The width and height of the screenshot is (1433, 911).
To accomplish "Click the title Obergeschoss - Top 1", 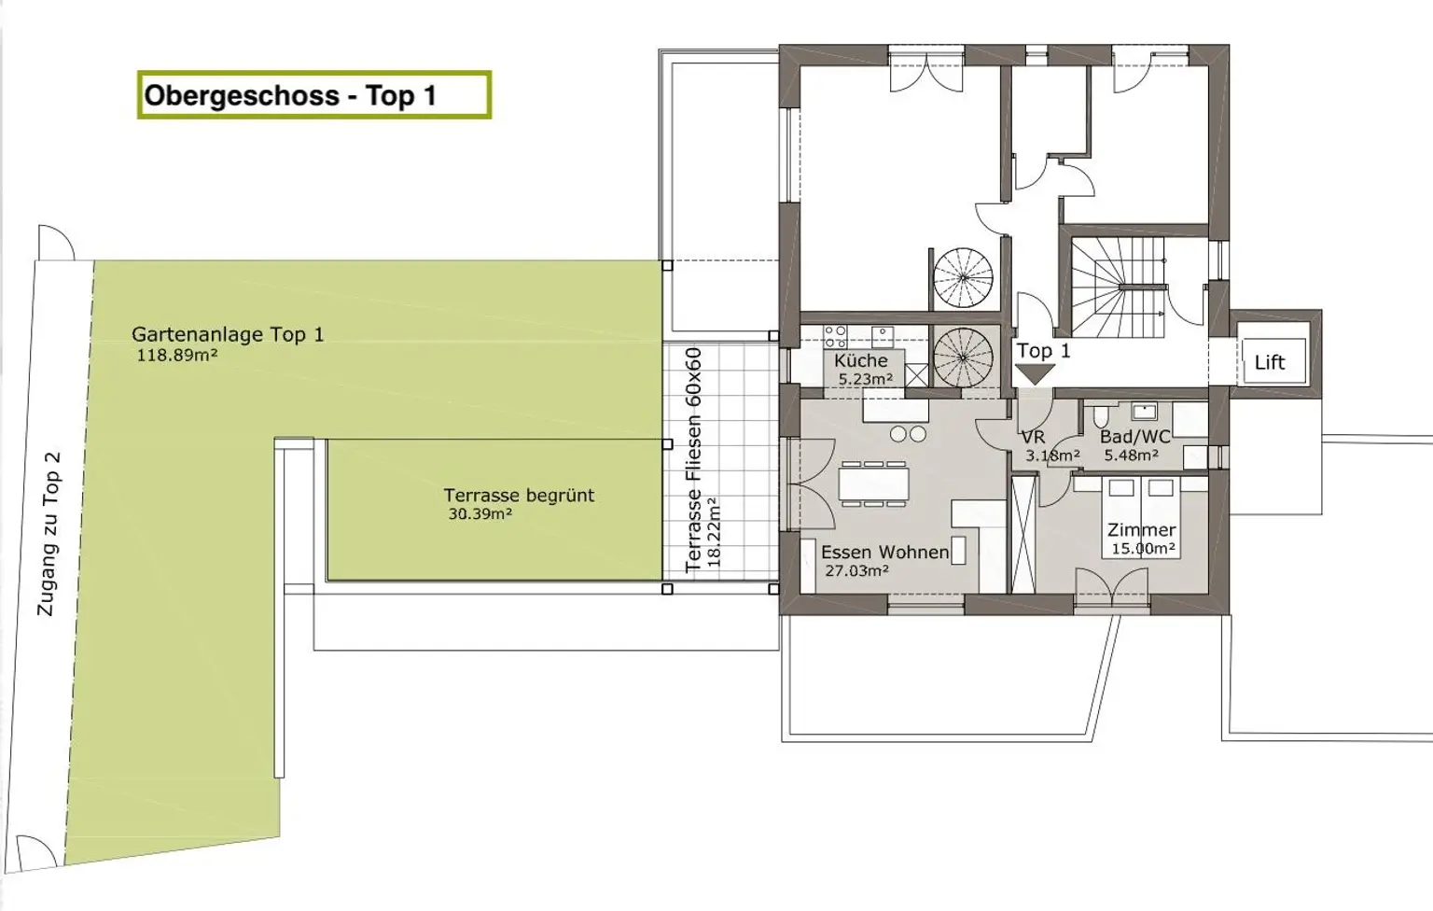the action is click(290, 95).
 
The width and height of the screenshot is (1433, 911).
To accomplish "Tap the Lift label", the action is click(1269, 362).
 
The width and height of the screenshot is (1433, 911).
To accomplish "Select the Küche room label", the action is click(861, 359).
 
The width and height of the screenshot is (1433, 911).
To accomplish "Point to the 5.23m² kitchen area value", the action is click(866, 379).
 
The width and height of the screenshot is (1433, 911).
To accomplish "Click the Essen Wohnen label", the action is click(885, 552).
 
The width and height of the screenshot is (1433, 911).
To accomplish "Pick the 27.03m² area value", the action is click(856, 570).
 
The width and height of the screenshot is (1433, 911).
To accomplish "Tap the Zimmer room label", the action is click(1142, 530).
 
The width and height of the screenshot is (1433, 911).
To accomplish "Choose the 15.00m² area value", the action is click(1143, 549).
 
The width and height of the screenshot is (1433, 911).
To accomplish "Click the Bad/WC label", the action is click(1134, 437).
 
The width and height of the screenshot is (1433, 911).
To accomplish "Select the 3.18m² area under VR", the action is click(1053, 455).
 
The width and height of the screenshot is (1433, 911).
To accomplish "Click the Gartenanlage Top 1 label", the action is click(228, 334).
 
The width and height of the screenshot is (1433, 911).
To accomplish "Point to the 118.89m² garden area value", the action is click(177, 356).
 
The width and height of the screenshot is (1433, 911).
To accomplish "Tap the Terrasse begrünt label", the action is click(519, 496).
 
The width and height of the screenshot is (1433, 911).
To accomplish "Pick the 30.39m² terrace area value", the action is click(480, 514).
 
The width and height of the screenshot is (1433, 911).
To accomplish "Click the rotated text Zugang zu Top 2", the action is click(49, 534).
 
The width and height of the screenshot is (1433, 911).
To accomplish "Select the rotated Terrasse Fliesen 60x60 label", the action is click(693, 459).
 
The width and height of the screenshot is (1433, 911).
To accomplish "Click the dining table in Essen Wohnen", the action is click(873, 483).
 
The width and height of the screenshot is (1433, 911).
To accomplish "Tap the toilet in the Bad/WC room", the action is click(1101, 416).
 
